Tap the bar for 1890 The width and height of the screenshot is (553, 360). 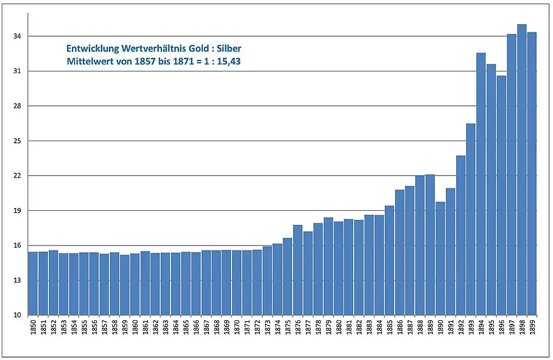point(440,259)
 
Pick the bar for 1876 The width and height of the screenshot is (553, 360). point(297,270)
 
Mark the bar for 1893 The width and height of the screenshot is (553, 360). point(471,219)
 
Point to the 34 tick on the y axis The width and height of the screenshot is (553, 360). point(17,36)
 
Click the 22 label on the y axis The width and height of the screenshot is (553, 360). point(17,176)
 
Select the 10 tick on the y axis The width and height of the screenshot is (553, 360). point(17,315)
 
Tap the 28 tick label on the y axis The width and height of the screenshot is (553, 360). point(17,106)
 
